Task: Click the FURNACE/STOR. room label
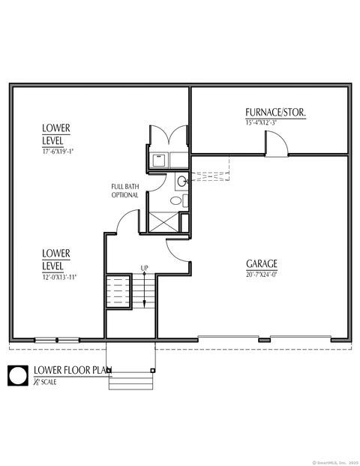(x=275, y=113)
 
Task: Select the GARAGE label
(x=262, y=264)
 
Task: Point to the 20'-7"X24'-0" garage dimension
(x=262, y=274)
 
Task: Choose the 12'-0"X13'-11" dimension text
(x=59, y=277)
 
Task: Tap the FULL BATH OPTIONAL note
(x=124, y=191)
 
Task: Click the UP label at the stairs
(x=144, y=268)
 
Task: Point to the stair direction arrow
(x=144, y=289)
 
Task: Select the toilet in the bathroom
(x=177, y=200)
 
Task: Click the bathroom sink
(x=182, y=181)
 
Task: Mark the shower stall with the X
(x=163, y=221)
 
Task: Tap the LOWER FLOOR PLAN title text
(x=72, y=370)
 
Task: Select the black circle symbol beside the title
(x=18, y=375)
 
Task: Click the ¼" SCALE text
(x=45, y=382)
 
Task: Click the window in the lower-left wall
(x=57, y=340)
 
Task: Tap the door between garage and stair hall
(x=178, y=251)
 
